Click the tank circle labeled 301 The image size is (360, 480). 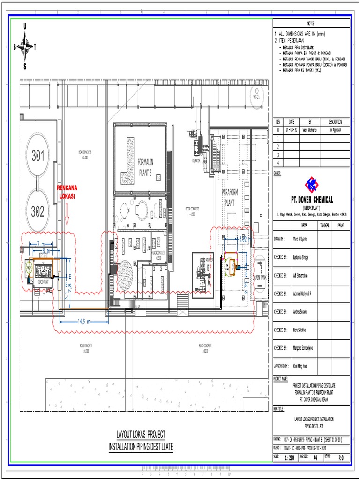pyautogui.click(x=38, y=156)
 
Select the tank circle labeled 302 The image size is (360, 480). pyautogui.click(x=38, y=211)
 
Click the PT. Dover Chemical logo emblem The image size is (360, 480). pyautogui.click(x=311, y=184)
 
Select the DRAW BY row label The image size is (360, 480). pyautogui.click(x=279, y=239)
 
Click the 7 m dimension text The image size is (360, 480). pyautogui.click(x=40, y=244)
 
